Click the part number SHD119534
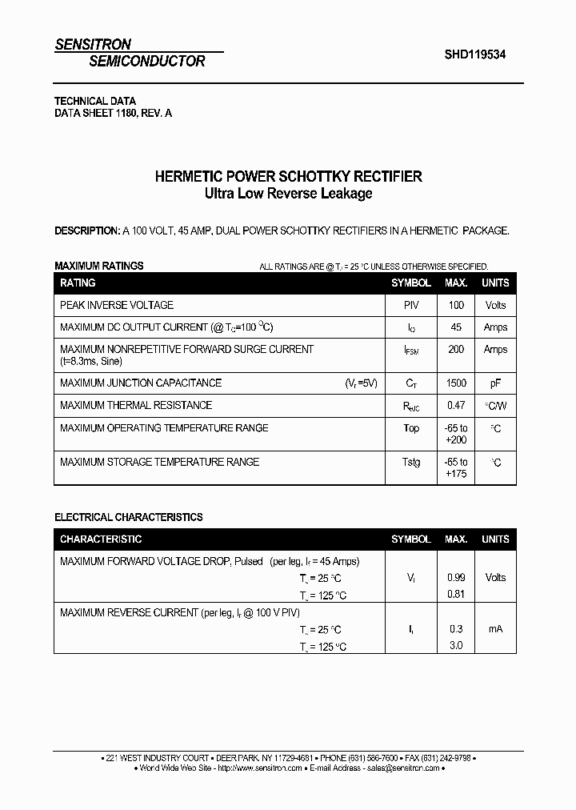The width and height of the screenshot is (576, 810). (474, 54)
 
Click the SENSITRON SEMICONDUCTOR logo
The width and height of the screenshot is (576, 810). (130, 53)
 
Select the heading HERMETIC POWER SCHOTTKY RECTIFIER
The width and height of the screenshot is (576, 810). (288, 176)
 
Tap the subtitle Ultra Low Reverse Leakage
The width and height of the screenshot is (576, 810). (288, 194)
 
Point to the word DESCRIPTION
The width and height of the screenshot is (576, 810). (86, 231)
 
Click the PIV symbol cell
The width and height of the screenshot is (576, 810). (411, 305)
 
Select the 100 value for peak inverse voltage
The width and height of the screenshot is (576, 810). (456, 305)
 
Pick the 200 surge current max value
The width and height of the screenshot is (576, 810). (456, 350)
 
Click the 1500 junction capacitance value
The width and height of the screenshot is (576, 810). (456, 383)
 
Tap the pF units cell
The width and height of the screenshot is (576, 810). (495, 383)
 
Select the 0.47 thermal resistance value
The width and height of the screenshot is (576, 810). (456, 406)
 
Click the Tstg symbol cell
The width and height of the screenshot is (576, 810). (411, 462)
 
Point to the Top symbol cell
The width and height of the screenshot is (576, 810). (411, 428)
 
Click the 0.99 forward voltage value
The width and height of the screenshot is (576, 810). (456, 578)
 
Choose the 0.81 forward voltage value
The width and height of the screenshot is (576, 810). (456, 595)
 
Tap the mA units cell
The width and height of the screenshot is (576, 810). (495, 629)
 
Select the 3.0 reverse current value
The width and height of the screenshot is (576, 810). (456, 646)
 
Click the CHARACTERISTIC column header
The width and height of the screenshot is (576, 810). (101, 539)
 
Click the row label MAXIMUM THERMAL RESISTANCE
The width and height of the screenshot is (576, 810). (136, 406)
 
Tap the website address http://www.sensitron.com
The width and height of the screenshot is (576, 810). (259, 768)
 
